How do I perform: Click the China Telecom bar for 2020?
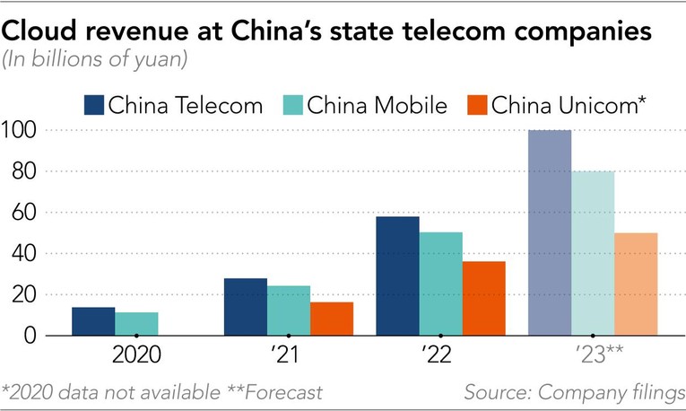click(93, 321)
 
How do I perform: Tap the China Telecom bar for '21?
click(245, 307)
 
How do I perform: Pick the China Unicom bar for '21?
click(332, 319)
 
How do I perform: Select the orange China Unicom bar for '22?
click(483, 298)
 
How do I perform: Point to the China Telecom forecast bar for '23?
click(549, 232)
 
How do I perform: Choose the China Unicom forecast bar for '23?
click(636, 284)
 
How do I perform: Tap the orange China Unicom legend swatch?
click(477, 105)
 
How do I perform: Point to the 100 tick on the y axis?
click(21, 131)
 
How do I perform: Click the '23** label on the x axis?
click(593, 354)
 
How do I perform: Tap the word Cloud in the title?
click(39, 32)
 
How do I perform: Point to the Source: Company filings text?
click(574, 392)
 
